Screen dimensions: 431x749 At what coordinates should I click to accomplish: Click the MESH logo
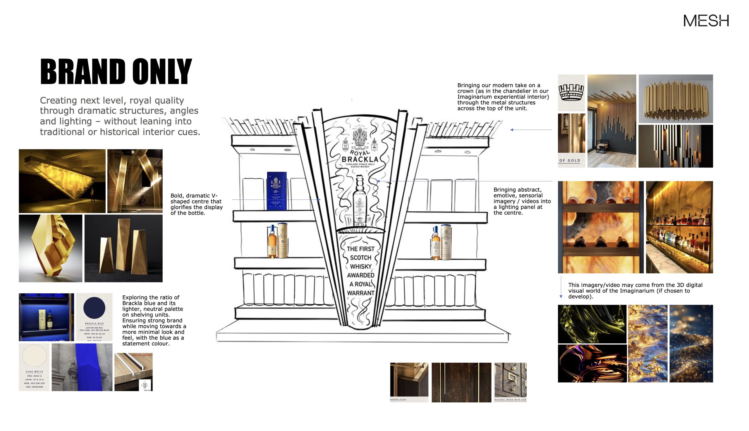click(x=706, y=20)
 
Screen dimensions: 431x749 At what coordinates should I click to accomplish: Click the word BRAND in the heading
click(x=83, y=72)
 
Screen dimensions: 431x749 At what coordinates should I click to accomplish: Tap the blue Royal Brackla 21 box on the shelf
click(x=276, y=191)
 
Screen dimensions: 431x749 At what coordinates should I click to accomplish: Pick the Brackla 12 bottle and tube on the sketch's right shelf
click(x=441, y=242)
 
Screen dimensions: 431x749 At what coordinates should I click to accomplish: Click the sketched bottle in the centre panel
click(x=360, y=201)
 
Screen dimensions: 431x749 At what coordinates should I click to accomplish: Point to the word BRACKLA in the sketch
click(x=360, y=159)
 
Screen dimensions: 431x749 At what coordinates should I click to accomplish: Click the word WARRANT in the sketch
click(x=360, y=293)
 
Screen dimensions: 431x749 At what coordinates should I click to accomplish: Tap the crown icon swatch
click(x=571, y=93)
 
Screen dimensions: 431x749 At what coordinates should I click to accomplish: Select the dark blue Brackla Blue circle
click(x=94, y=308)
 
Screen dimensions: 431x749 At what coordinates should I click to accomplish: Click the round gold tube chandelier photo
click(x=675, y=99)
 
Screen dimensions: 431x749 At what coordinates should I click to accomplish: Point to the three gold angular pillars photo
click(x=123, y=248)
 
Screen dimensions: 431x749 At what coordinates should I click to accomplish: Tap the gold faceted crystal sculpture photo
click(x=51, y=248)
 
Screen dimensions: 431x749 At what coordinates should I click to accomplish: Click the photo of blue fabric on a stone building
click(x=82, y=367)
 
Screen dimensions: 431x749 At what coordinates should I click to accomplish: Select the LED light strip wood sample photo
click(x=133, y=372)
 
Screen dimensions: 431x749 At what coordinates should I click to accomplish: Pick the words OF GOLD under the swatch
click(x=570, y=161)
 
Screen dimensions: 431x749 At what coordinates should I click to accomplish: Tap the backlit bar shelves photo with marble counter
click(x=679, y=227)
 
